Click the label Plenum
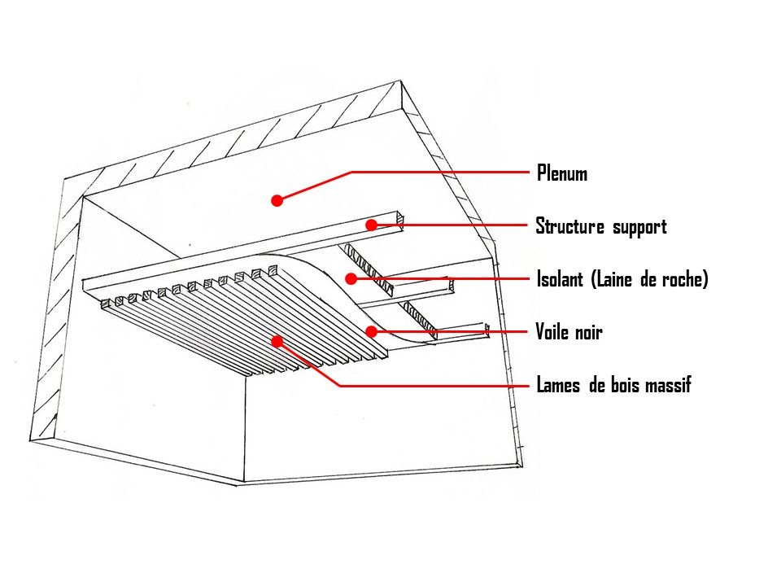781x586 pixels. (561, 173)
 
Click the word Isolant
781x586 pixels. (560, 279)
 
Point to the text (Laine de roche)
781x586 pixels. (650, 279)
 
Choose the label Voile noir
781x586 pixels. (569, 332)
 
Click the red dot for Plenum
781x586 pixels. (277, 199)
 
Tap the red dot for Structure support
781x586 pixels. (371, 225)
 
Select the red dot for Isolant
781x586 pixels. (351, 278)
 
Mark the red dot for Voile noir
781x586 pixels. (371, 331)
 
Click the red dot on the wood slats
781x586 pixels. (277, 342)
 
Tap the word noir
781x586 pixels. (587, 332)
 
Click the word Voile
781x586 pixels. (552, 332)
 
